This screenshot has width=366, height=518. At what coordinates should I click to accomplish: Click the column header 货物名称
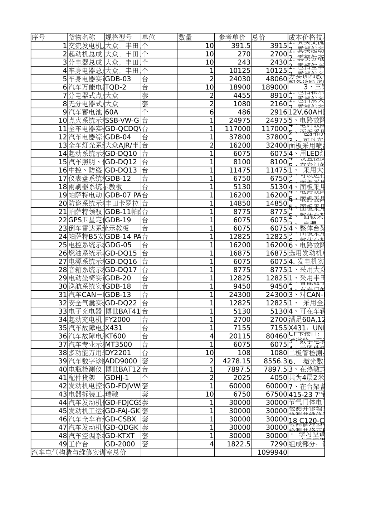(x=82, y=38)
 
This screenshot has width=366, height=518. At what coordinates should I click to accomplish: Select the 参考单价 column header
(x=232, y=38)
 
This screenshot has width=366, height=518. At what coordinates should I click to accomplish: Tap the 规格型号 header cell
(x=118, y=38)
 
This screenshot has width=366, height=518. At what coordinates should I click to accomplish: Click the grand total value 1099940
(x=272, y=452)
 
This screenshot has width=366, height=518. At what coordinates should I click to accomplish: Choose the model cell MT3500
(x=118, y=344)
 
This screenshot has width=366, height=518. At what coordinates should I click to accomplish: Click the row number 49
(x=63, y=444)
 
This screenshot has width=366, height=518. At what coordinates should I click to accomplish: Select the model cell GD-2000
(x=120, y=444)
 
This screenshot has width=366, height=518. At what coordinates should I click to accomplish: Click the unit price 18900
(x=240, y=87)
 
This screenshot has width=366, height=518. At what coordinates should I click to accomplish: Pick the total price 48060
(x=277, y=79)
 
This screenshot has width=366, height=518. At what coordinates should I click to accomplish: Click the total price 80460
(x=277, y=336)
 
